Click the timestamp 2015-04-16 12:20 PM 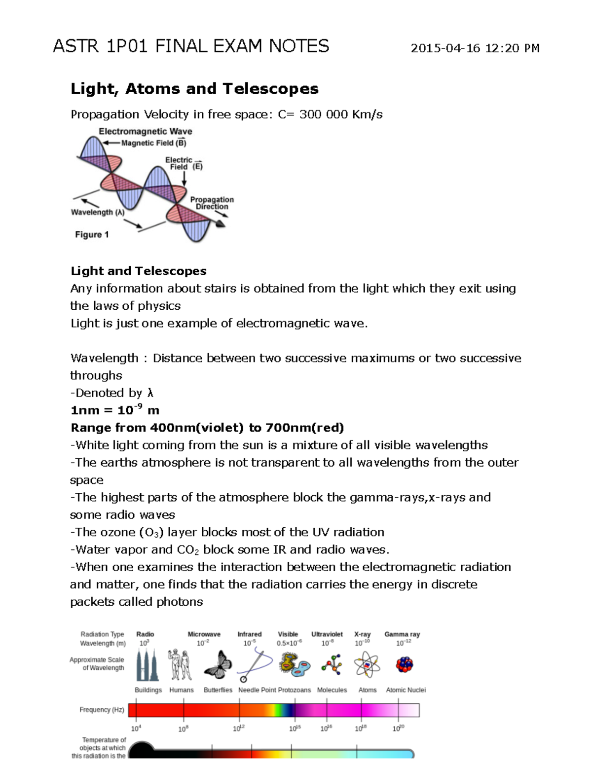(475, 48)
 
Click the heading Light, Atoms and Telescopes (194, 89)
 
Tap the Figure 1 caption (92, 235)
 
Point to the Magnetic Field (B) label (153, 143)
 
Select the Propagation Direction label (212, 203)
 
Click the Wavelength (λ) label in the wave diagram (98, 213)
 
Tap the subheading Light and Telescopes (138, 271)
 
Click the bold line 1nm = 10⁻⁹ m (114, 410)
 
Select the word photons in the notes (179, 602)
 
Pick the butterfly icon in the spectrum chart (218, 664)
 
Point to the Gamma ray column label (402, 634)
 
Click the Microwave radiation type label (204, 634)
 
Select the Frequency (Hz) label (102, 710)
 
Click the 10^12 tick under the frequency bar (239, 728)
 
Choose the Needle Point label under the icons (257, 690)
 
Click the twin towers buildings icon (148, 665)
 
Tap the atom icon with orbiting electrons (367, 664)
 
